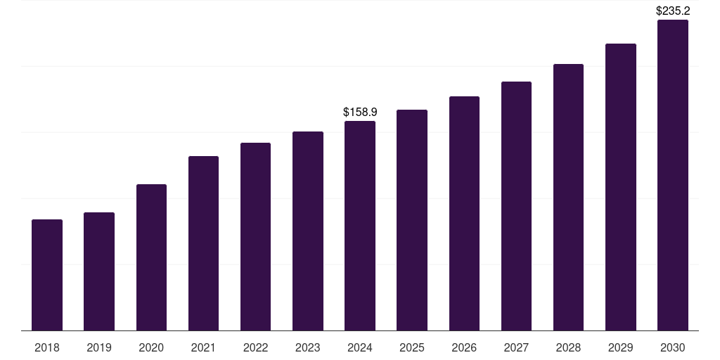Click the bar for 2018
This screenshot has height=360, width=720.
click(47, 275)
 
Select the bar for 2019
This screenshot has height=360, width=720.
click(99, 271)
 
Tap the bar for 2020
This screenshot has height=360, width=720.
click(151, 257)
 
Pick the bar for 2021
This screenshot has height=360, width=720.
click(203, 243)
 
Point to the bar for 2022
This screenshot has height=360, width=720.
click(255, 237)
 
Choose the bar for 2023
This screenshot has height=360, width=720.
click(308, 231)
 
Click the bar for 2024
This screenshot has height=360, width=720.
click(360, 226)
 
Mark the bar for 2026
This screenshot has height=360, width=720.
click(464, 214)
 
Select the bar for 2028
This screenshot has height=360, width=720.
click(568, 198)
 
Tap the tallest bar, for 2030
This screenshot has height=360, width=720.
click(673, 175)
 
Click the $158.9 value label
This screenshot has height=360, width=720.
click(360, 112)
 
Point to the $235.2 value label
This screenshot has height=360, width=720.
click(673, 11)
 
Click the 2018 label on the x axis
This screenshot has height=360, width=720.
click(47, 347)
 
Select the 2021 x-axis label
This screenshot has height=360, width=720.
click(203, 347)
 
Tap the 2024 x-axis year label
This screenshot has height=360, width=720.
click(360, 347)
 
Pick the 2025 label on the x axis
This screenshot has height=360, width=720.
click(412, 347)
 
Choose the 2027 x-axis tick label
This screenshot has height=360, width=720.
click(516, 347)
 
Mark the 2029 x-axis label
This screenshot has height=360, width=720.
click(620, 347)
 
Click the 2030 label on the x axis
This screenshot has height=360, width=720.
click(673, 347)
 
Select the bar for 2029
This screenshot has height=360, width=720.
click(620, 187)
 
